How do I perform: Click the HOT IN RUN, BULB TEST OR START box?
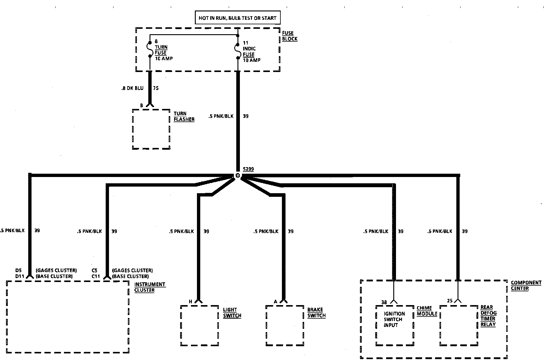(x=237, y=18)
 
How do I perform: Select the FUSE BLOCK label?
(x=290, y=36)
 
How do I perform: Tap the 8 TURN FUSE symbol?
(x=150, y=49)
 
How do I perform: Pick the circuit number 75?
(x=156, y=88)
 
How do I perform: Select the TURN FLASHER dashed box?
(x=151, y=129)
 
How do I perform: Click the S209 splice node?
(x=238, y=175)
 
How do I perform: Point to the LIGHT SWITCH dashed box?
(x=200, y=325)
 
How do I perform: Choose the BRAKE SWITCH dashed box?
(x=285, y=325)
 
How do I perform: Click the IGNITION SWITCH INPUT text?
(x=394, y=319)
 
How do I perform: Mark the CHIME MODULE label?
(x=427, y=311)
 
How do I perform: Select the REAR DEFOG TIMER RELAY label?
(x=488, y=316)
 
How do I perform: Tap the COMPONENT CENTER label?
(x=526, y=285)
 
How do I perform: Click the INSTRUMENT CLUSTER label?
(x=150, y=287)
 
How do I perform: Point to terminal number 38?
(x=384, y=302)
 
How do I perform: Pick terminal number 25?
(x=450, y=301)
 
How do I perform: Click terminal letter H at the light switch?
(x=190, y=301)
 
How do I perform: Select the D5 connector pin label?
(x=19, y=271)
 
